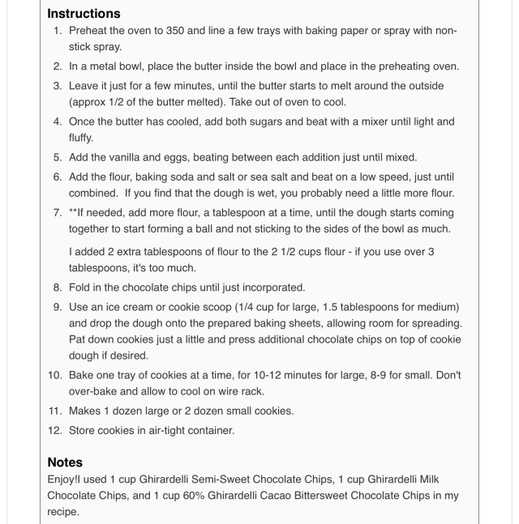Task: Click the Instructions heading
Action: (x=84, y=14)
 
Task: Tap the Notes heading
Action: (x=65, y=462)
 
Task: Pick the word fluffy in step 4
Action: (x=81, y=138)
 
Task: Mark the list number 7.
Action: (x=58, y=212)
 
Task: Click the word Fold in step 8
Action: (x=81, y=287)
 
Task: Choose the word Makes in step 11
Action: (x=87, y=411)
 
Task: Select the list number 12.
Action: (x=55, y=430)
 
